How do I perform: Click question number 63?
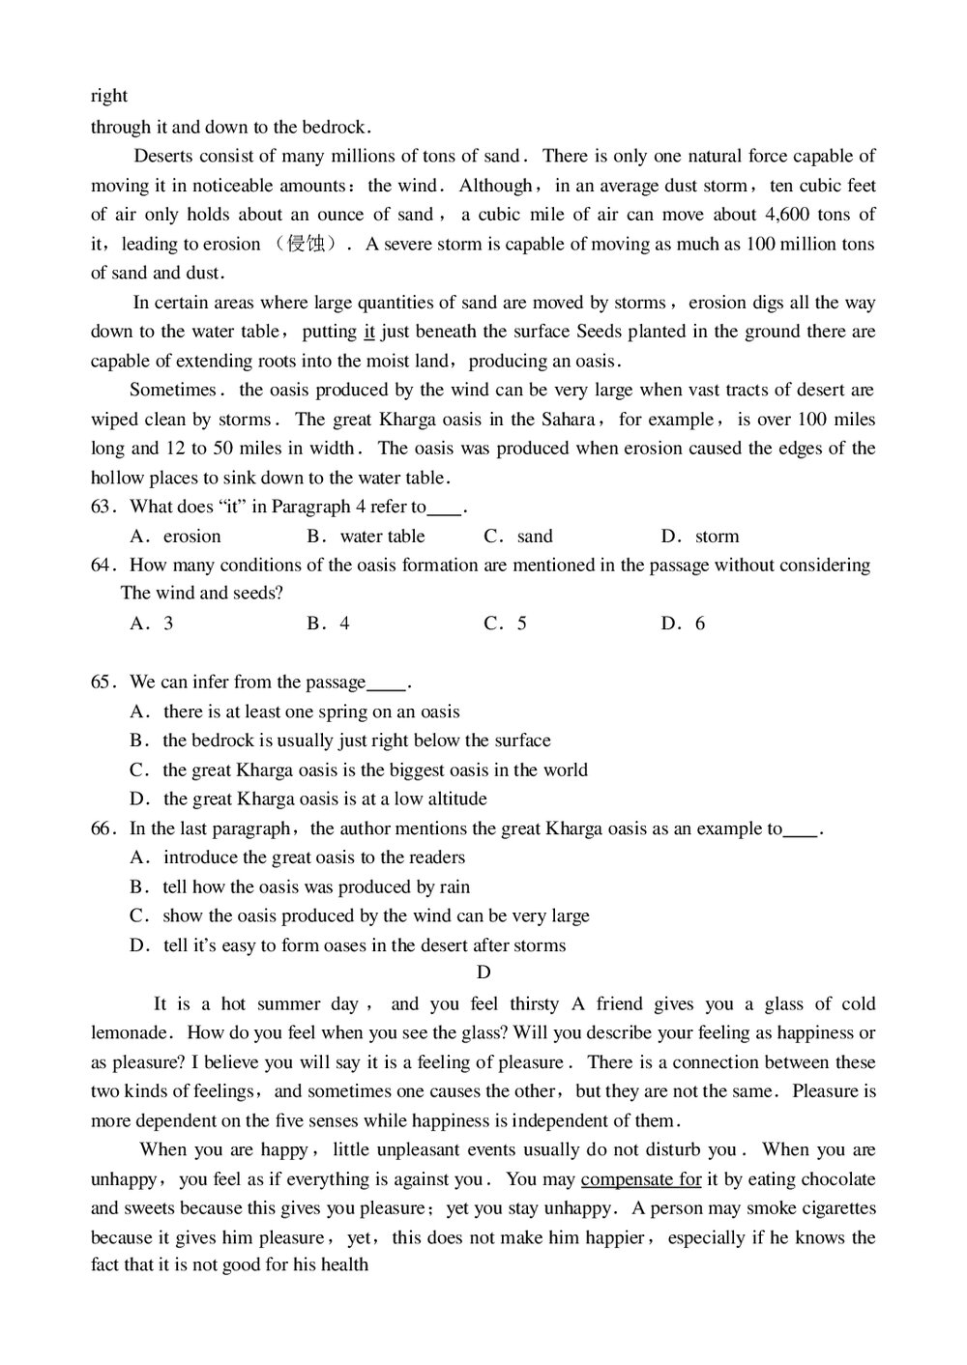[103, 507]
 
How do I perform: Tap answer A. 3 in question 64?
[152, 624]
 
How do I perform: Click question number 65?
[103, 682]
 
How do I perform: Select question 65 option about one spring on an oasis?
[310, 712]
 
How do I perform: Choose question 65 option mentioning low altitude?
[324, 799]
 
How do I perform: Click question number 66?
[103, 828]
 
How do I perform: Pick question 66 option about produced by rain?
[315, 886]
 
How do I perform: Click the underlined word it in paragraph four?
[368, 332]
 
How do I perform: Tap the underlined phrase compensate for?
[641, 1179]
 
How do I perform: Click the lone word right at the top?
[109, 96]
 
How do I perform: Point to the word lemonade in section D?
[132, 1033]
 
